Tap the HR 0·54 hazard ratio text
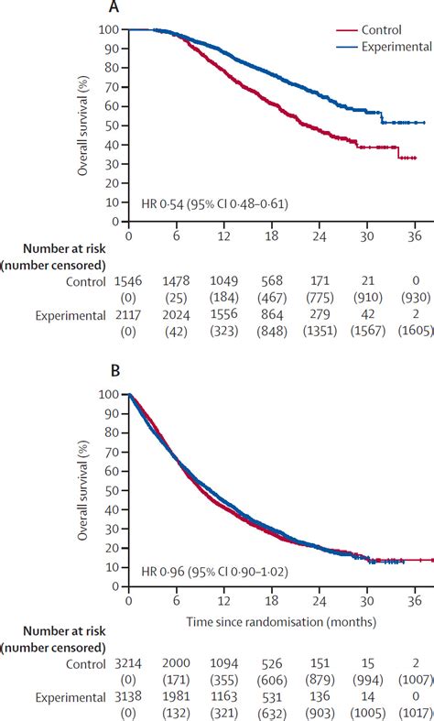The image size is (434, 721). [212, 203]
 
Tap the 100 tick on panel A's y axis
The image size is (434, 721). [108, 29]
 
